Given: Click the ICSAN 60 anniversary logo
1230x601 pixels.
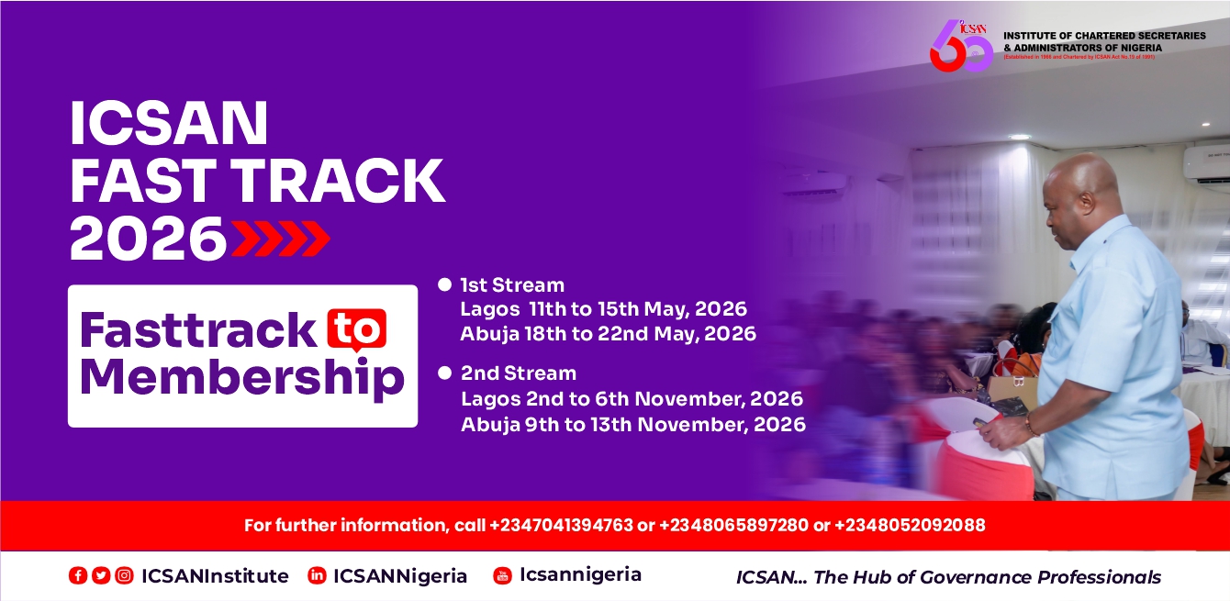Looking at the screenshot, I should point(961,46).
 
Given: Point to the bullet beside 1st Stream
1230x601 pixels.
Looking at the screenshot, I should point(445,284).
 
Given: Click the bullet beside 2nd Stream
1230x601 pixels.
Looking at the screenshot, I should point(445,373).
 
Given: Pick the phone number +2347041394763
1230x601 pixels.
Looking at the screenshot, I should point(561,526).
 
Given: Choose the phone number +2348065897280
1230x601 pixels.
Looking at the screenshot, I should point(733,526).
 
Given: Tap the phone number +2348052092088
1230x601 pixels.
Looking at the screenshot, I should point(910,526).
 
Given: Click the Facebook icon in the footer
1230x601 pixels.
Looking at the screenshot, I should point(78,576).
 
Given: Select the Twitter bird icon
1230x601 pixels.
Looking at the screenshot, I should point(101,576).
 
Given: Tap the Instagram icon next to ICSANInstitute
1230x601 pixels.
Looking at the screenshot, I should point(124,576).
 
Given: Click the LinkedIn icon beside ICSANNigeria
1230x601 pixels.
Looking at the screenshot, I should point(317,576).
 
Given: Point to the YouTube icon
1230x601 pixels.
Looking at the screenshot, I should point(502,575).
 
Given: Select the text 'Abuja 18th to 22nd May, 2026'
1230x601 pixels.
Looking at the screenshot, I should point(608,334).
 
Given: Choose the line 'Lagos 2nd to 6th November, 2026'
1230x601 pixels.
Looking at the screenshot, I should point(632,399).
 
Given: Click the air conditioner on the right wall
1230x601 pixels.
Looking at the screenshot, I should point(1205,161).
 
